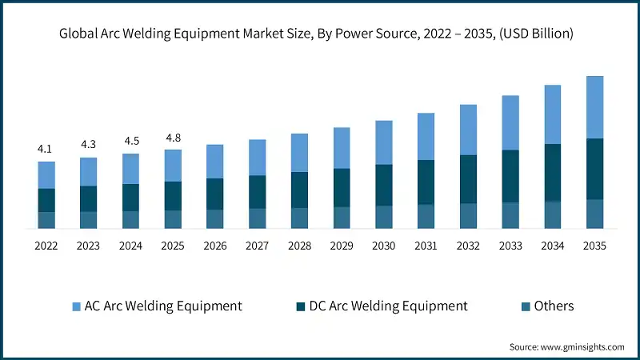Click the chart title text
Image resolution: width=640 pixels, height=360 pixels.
[320, 34]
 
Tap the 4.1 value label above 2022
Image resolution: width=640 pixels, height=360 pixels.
[46, 149]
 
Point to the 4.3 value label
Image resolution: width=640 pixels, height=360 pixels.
[88, 145]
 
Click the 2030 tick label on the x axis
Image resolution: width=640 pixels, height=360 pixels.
[384, 246]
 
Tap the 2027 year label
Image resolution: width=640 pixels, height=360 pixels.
[257, 246]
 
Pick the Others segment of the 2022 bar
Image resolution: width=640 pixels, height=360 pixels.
[46, 220]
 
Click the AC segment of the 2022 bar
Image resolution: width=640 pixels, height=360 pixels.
[46, 174]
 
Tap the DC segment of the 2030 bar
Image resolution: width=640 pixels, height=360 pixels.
[384, 185]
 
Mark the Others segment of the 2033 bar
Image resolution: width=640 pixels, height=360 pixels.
[511, 215]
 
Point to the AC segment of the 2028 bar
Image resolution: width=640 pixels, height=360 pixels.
[299, 152]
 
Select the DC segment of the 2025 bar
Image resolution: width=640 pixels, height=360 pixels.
[173, 196]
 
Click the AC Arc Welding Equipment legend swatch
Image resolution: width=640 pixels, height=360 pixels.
[77, 306]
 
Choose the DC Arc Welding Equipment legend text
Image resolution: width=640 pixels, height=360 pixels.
[388, 306]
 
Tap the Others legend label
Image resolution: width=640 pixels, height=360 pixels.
[554, 306]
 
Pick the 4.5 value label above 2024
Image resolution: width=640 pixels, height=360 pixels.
[130, 142]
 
